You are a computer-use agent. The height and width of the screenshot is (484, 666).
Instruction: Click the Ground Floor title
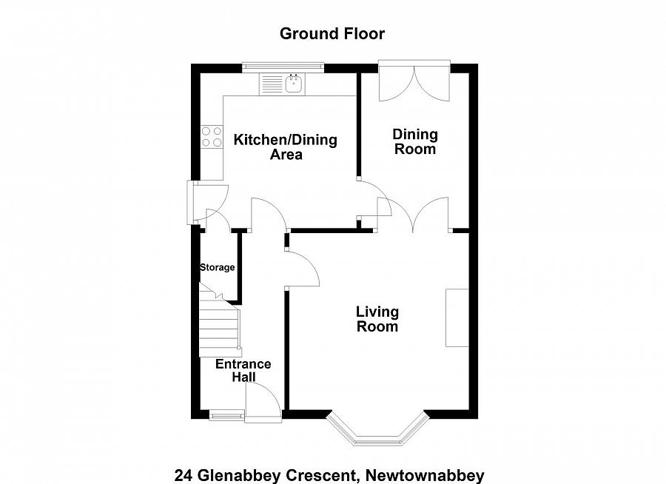(332, 33)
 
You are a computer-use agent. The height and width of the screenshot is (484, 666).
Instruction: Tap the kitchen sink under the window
(282, 84)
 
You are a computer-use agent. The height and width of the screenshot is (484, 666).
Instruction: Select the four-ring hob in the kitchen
(212, 136)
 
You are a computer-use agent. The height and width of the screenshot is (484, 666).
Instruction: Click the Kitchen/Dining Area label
(286, 147)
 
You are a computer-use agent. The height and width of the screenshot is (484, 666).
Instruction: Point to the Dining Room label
(414, 141)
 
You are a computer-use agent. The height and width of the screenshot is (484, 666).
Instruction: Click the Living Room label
(377, 319)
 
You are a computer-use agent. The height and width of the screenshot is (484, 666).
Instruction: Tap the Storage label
(217, 267)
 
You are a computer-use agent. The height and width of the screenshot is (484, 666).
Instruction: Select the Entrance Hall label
(243, 370)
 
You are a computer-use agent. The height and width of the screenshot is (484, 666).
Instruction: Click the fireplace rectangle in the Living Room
(457, 317)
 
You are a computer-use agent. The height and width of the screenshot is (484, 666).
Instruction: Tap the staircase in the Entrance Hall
(220, 323)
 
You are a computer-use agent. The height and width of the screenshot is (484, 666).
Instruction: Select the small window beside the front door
(225, 415)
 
